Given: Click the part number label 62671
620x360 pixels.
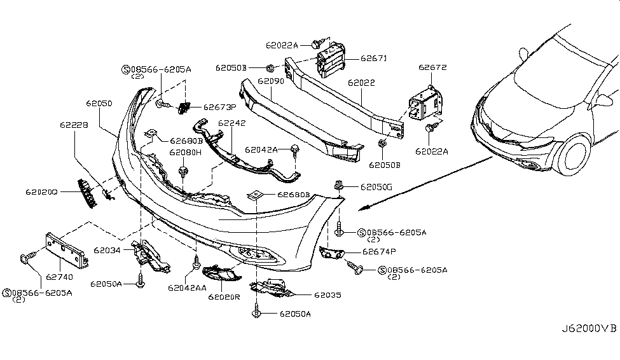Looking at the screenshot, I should click(373, 59).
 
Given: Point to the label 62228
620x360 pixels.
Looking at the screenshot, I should click(74, 125).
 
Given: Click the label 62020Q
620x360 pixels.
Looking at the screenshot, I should click(41, 191).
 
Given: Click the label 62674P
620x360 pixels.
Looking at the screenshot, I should click(362, 252).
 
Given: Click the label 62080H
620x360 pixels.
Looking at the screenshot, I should click(185, 153).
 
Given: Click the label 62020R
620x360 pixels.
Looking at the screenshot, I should click(226, 296).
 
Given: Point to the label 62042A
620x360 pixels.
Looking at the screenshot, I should click(263, 150).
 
